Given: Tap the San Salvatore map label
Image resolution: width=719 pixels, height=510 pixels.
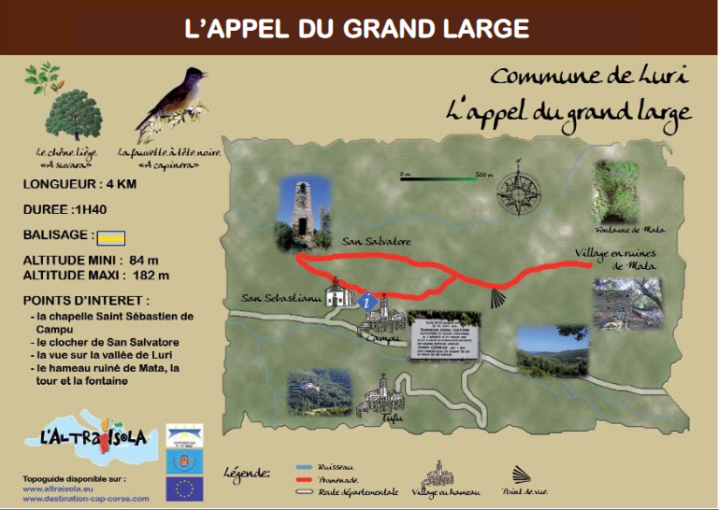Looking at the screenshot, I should point(377,241).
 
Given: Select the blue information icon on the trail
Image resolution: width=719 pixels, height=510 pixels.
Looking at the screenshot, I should point(368,302).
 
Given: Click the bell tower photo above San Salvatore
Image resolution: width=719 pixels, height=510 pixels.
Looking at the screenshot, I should point(299,213).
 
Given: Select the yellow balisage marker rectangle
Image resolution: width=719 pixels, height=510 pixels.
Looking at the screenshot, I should point(115,235).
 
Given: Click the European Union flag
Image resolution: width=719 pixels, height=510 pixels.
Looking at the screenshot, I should point(184,488).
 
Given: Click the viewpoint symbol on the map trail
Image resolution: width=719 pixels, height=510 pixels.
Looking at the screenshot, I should point(499,297).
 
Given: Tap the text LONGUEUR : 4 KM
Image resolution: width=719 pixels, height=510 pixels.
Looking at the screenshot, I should point(79,185).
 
